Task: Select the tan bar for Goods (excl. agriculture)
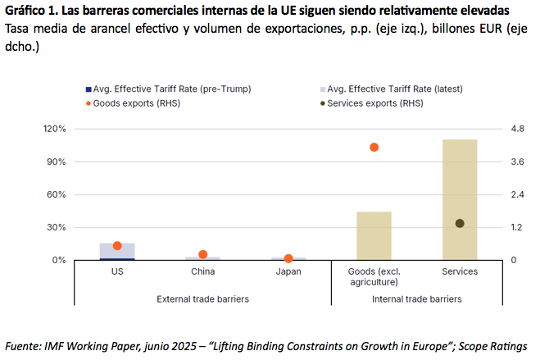click(374, 235)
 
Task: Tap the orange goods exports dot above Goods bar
click(374, 148)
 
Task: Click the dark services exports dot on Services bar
click(460, 223)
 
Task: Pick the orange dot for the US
click(117, 246)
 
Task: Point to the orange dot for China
click(203, 255)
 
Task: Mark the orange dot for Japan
click(288, 258)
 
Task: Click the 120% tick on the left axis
click(54, 129)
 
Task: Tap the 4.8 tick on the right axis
click(517, 129)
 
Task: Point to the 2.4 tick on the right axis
click(517, 194)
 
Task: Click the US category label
click(117, 271)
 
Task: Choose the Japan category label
click(288, 271)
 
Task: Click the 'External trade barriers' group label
click(202, 298)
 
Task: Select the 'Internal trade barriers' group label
click(416, 298)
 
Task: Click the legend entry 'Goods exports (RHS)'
click(136, 103)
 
